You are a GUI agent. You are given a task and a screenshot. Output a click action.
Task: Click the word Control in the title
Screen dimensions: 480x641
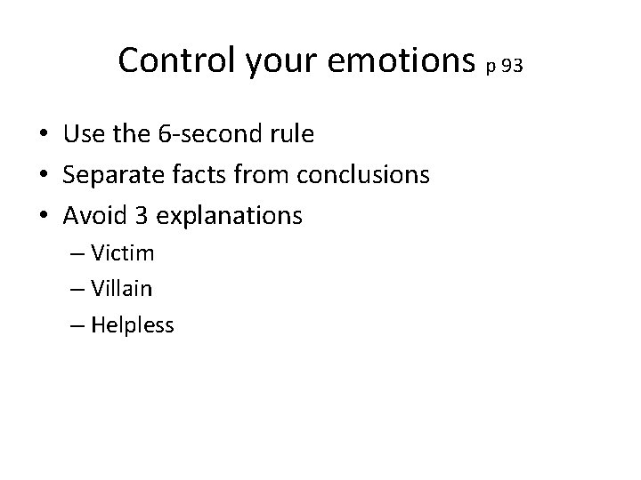(166, 60)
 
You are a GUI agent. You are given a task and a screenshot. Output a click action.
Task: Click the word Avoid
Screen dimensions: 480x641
(93, 216)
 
